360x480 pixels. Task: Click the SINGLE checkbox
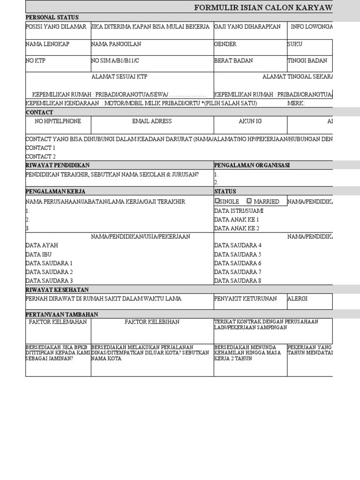tap(217, 201)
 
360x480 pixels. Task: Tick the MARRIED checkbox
tap(249, 201)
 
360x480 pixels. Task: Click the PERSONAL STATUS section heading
tap(52, 17)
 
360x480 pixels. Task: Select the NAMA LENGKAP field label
tap(47, 44)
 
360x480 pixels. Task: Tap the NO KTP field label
tap(36, 60)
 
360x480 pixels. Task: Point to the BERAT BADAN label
tap(233, 60)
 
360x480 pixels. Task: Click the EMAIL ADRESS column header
tap(152, 121)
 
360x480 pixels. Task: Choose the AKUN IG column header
tap(250, 121)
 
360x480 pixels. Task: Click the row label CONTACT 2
tap(40, 157)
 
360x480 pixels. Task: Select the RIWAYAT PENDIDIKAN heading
tap(57, 165)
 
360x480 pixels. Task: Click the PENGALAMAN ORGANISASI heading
tap(252, 165)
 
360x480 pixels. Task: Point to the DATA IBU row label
tap(38, 254)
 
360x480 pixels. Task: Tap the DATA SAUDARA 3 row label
tap(49, 281)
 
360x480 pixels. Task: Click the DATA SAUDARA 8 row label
tap(238, 281)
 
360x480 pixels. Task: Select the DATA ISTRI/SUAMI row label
tap(239, 210)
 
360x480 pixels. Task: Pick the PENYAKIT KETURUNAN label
tap(245, 299)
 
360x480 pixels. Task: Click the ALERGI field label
tap(298, 299)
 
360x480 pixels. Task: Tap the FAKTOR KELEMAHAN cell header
tap(58, 322)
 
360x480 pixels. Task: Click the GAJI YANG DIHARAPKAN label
tap(247, 27)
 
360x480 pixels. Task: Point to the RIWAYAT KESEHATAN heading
tap(57, 290)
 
